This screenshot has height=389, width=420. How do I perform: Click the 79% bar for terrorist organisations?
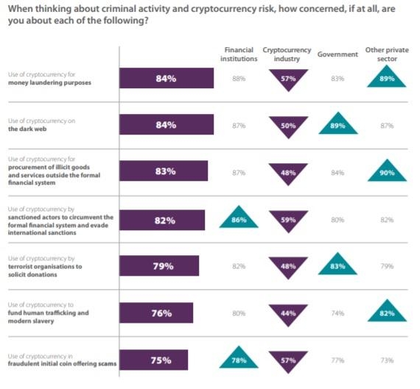tap(159, 265)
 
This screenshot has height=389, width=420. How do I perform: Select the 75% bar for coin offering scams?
tap(154, 360)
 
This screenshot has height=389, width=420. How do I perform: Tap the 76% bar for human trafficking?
tap(156, 313)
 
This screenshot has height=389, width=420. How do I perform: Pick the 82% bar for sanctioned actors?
tap(162, 220)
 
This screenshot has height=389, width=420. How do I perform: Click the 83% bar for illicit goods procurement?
tap(164, 171)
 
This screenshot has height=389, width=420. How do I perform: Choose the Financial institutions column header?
tap(239, 54)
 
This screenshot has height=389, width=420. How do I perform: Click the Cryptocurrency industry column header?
tap(287, 54)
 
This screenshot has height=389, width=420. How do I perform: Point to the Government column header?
tap(337, 54)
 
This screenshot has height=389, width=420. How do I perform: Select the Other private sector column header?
tap(387, 54)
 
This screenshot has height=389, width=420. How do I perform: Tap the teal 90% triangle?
tap(387, 173)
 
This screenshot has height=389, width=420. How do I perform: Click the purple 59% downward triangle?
tap(288, 220)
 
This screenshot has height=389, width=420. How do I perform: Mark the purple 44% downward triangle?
tap(288, 313)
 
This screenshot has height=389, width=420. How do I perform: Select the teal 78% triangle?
tap(239, 360)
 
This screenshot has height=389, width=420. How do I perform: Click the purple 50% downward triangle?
tap(288, 126)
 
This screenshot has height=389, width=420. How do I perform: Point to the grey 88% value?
tap(239, 79)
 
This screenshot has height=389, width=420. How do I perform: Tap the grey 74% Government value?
tap(337, 313)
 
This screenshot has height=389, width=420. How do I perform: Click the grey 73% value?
tap(387, 360)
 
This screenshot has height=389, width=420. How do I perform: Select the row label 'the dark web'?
tap(27, 129)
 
